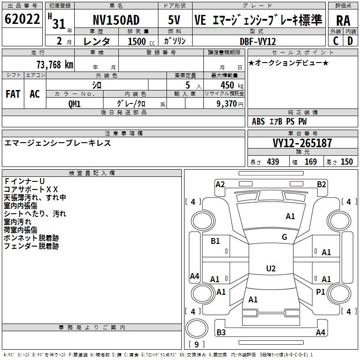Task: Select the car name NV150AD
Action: pos(116,20)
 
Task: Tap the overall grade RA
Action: pos(343,21)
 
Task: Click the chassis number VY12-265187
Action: pos(302,143)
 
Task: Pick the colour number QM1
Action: pos(75,103)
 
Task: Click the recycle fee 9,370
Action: pos(224,103)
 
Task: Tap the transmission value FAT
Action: pos(13,94)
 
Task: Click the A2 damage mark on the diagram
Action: pos(220,184)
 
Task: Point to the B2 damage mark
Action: pos(321,184)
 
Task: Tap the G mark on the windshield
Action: pos(284,237)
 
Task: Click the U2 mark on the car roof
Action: pos(271,269)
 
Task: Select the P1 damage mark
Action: pos(320,292)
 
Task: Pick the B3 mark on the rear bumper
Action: pos(221,333)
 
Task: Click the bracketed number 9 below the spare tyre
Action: pos(196,345)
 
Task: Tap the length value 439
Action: pos(273,162)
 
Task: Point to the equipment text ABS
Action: pos(258,121)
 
